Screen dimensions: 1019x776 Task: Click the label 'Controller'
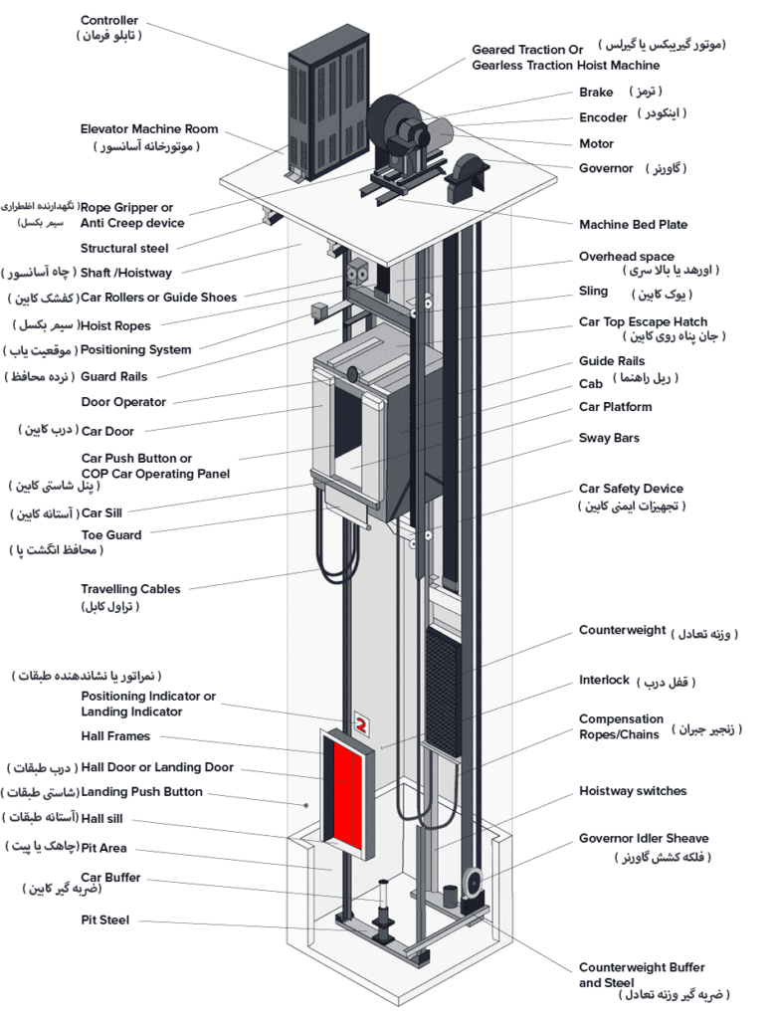pyautogui.click(x=109, y=20)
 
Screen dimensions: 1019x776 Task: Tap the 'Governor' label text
pyautogui.click(x=606, y=168)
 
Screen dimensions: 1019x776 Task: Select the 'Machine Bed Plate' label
pyautogui.click(x=633, y=225)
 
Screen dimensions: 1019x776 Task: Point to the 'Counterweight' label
pyautogui.click(x=622, y=631)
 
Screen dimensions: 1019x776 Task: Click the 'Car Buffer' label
pyautogui.click(x=110, y=878)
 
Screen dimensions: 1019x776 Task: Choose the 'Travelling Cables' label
pyautogui.click(x=130, y=589)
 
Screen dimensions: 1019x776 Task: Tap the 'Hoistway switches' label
pyautogui.click(x=633, y=791)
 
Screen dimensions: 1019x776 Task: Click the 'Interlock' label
pyautogui.click(x=604, y=681)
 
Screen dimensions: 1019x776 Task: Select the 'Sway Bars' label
pyautogui.click(x=609, y=438)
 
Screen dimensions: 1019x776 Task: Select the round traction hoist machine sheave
pyautogui.click(x=390, y=124)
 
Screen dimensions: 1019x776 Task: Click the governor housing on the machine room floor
pyautogui.click(x=468, y=177)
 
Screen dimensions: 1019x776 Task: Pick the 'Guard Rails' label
pyautogui.click(x=113, y=377)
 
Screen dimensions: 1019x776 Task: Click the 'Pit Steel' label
pyautogui.click(x=104, y=920)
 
